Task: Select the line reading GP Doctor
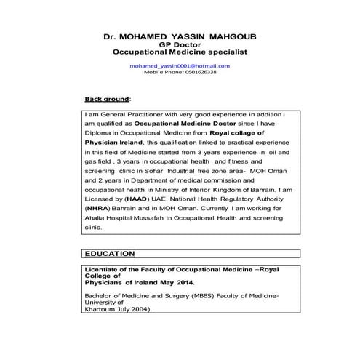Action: point(180,44)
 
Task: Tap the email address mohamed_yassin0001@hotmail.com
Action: point(180,65)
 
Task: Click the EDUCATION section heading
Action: point(110,254)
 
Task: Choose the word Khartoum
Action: point(104,309)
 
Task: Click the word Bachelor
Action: point(101,297)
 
